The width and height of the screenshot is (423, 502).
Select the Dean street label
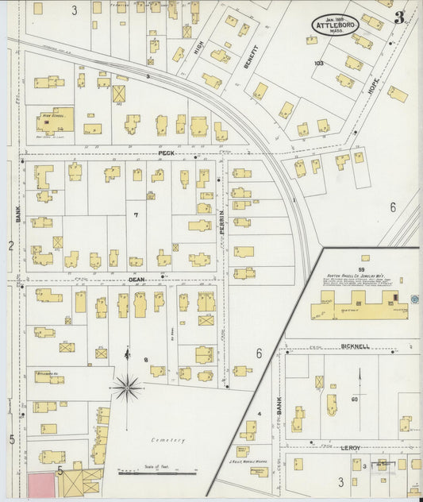click(x=137, y=280)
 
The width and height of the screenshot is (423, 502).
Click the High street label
click(x=198, y=52)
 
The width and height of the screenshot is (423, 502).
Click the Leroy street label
click(x=351, y=448)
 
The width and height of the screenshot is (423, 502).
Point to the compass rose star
click(x=126, y=388)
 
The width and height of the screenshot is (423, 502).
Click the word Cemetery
click(x=168, y=440)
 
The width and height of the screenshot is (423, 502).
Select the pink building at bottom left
click(x=40, y=485)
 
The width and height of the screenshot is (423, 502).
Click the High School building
click(x=55, y=120)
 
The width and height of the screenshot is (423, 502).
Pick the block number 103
click(x=319, y=63)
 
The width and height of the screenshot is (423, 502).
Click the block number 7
click(x=136, y=215)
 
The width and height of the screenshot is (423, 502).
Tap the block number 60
click(x=355, y=400)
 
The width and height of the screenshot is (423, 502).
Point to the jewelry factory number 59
click(x=364, y=257)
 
